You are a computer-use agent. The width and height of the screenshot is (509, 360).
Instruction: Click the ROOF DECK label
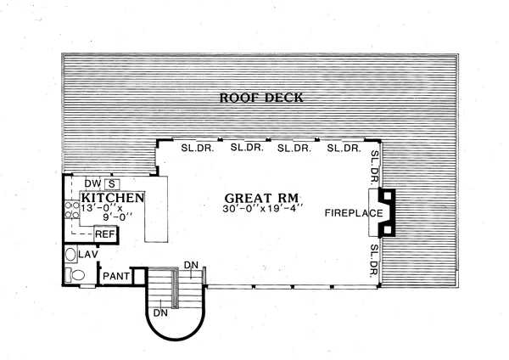pos(261,98)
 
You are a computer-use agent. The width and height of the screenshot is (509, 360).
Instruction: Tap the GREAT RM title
pos(261,198)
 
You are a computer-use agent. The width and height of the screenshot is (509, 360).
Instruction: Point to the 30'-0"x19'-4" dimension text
pos(263,209)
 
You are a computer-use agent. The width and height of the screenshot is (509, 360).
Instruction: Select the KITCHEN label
pos(113,198)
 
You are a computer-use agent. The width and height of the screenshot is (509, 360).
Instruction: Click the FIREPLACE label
pos(354,213)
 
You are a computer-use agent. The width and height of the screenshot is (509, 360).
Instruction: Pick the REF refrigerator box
pos(105,234)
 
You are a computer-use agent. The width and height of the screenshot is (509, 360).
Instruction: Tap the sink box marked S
pos(112,184)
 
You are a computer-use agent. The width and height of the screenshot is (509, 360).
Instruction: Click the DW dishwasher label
pos(92,183)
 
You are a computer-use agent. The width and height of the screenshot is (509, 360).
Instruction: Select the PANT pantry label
pos(116,276)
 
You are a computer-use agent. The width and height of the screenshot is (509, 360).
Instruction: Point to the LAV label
pos(88,255)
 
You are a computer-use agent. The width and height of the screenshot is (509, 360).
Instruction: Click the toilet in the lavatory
pos(75,275)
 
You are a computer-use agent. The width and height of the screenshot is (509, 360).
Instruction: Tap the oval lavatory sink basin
pos(70,255)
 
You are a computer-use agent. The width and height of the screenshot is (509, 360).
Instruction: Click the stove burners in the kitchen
pos(72,210)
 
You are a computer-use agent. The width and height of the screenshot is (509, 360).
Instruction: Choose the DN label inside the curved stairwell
pos(160,313)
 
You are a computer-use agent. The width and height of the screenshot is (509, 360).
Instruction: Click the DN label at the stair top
pos(191,265)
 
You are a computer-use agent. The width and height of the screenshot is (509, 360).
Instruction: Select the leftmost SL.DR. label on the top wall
pos(198,148)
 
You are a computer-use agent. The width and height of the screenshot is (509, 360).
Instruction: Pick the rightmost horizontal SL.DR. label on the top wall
pos(344,148)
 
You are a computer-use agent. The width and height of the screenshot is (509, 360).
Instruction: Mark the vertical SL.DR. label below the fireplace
pos(375,261)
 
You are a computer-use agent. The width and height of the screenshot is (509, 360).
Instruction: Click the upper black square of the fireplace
pos(388,196)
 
